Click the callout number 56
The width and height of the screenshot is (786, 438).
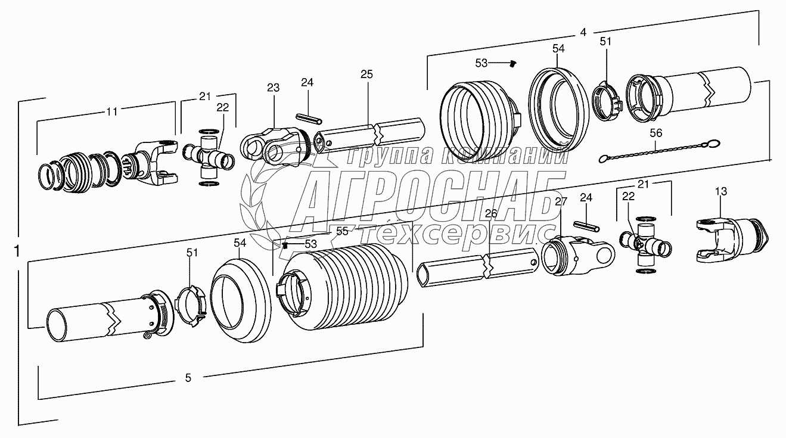[x=656, y=133]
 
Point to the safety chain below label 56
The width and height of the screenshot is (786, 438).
[x=659, y=151]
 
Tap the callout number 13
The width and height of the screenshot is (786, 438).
[x=721, y=191]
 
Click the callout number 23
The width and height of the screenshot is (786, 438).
[x=274, y=88]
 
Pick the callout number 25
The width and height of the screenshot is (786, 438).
[x=366, y=74]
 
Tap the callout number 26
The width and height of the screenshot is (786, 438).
[x=491, y=213]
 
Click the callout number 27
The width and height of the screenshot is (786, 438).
[x=561, y=201]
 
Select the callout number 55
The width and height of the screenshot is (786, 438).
[x=342, y=231]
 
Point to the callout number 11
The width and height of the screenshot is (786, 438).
[x=112, y=111]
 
